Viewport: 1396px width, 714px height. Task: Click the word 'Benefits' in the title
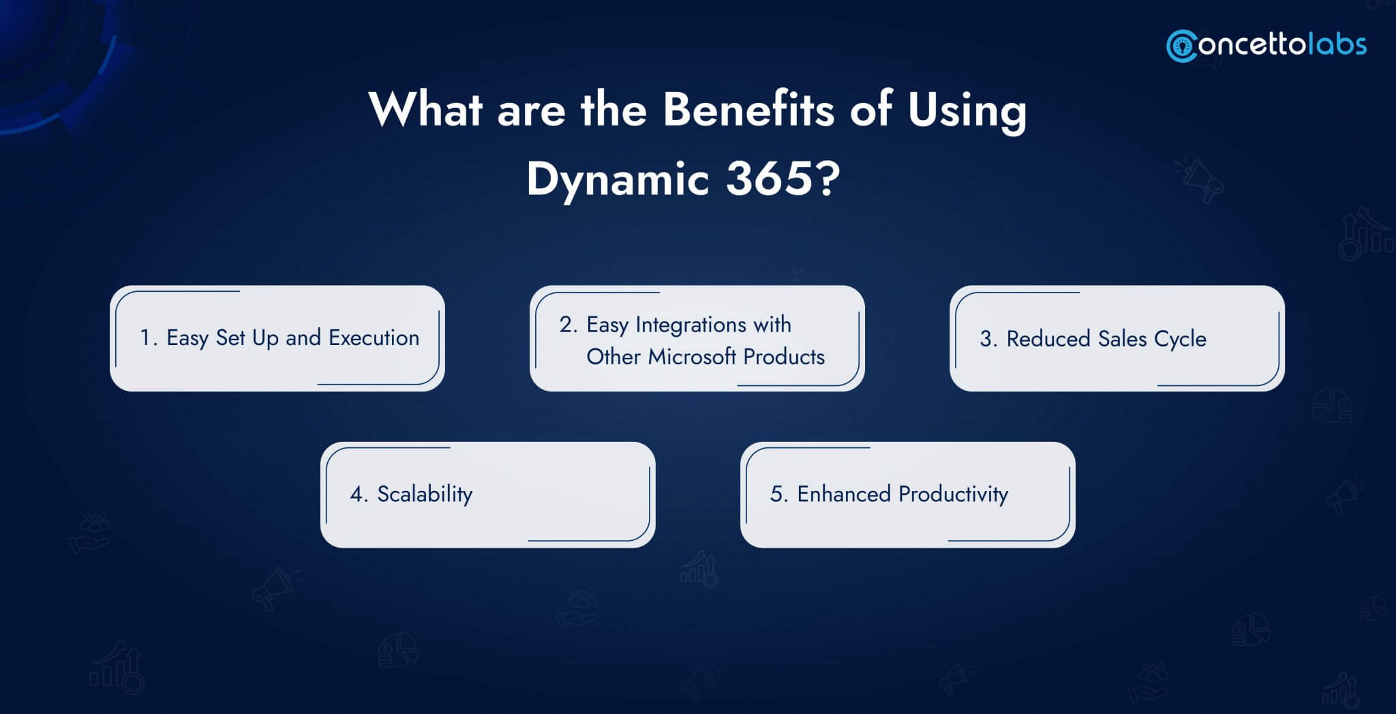(748, 109)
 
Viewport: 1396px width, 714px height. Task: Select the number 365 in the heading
(770, 179)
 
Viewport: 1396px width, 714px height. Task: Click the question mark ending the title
(828, 179)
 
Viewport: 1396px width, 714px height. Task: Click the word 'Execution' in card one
(374, 338)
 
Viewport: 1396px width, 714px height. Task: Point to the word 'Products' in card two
(784, 357)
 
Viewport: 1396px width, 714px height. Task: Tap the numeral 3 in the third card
(986, 339)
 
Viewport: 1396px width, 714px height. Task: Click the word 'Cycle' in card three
(1180, 340)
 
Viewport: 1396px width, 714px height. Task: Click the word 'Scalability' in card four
(425, 494)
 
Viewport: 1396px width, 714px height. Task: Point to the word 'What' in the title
(426, 109)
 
